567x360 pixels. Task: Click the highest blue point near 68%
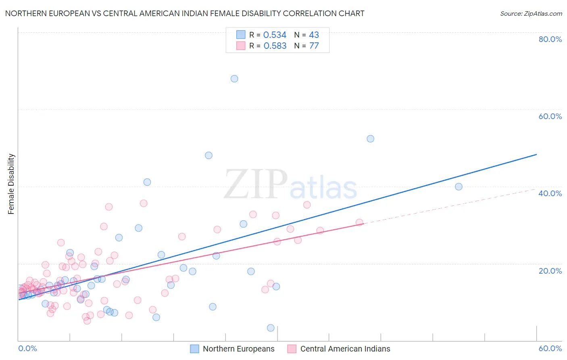pos(234,79)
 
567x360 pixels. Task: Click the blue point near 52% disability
pos(370,139)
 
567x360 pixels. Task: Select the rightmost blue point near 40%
pos(459,186)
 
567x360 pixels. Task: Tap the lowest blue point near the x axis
pos(271,328)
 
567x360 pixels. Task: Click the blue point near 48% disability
pos(208,155)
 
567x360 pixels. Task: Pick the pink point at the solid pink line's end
pos(359,222)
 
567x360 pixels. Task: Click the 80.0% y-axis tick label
pos(550,39)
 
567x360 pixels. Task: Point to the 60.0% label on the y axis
pos(550,116)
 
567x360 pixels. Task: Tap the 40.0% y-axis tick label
pos(550,193)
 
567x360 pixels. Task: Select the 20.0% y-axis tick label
pos(550,271)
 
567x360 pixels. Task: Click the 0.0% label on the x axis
pos(27,349)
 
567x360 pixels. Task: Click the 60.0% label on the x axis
pos(550,349)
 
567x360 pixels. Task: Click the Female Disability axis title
pos(11,184)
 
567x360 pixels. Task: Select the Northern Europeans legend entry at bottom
pos(238,349)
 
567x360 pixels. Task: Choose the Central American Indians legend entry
pos(345,349)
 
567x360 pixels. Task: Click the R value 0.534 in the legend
pos(275,35)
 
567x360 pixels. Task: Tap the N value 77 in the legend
pos(314,46)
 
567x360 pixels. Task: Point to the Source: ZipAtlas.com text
pos(531,13)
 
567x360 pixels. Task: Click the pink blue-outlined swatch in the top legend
pos(241,46)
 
